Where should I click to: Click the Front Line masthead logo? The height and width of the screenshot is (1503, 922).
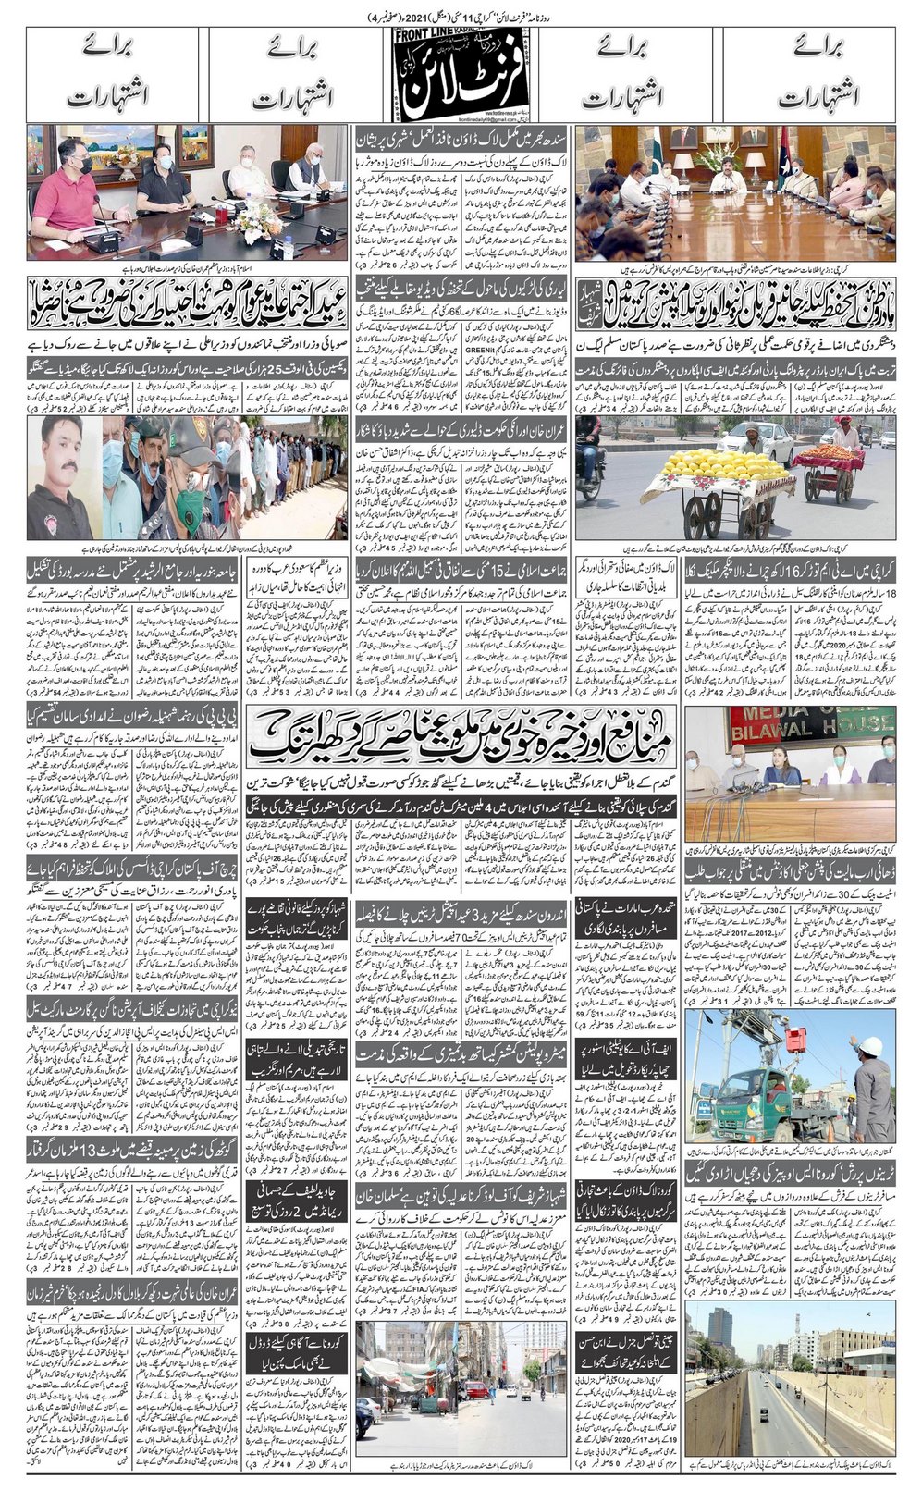(460, 78)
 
